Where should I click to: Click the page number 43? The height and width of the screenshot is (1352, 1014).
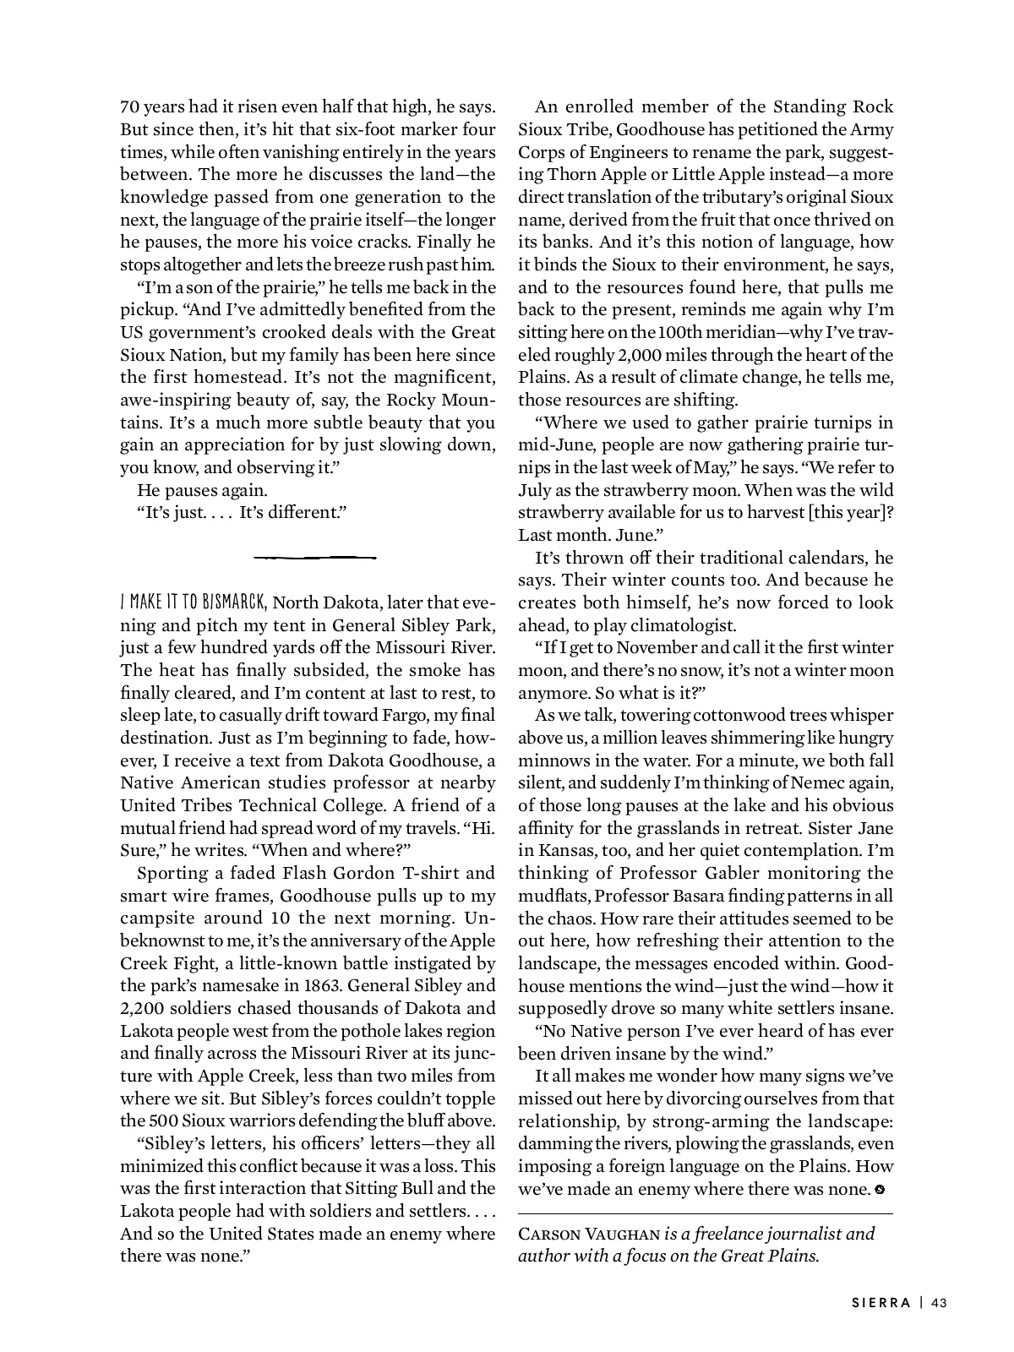click(938, 1302)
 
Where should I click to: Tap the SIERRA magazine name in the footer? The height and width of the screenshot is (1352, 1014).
click(881, 1302)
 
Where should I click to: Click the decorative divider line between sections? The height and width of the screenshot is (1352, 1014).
click(314, 558)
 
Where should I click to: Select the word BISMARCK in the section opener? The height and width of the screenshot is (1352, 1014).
click(232, 602)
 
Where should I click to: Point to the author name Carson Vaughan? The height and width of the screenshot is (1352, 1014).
click(589, 1234)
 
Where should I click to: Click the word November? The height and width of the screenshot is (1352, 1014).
click(648, 647)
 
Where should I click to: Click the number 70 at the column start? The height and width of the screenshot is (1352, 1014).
click(130, 107)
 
